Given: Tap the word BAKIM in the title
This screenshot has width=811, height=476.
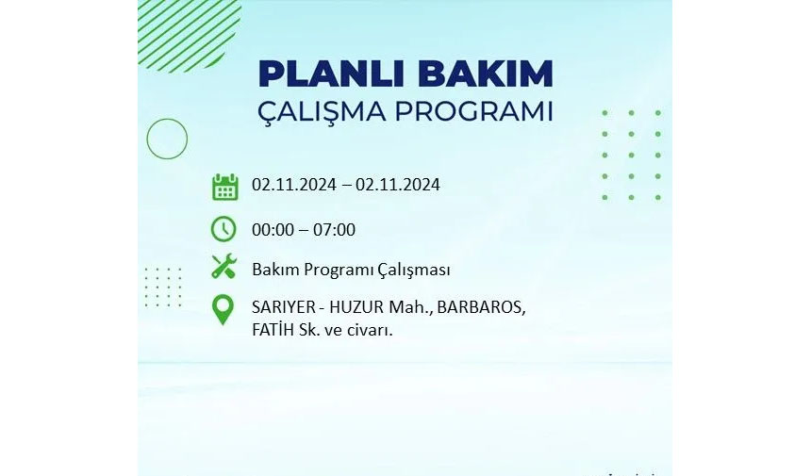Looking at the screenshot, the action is click(486, 74).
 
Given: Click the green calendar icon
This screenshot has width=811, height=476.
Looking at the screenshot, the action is click(225, 187).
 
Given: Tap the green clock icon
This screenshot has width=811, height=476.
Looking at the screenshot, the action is click(223, 229).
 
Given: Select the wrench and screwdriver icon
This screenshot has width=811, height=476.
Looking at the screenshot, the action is click(223, 267).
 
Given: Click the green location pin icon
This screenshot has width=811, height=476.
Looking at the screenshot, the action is click(223, 309).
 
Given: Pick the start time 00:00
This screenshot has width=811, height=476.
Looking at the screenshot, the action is click(273, 230).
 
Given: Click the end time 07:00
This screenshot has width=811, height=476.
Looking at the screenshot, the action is click(334, 230).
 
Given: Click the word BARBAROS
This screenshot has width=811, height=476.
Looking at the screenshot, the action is click(481, 307).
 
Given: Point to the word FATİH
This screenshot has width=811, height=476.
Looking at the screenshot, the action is click(273, 330).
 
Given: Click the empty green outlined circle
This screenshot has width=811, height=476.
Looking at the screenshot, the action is click(167, 119).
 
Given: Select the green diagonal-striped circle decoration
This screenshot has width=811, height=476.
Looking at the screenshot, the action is click(190, 35).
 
